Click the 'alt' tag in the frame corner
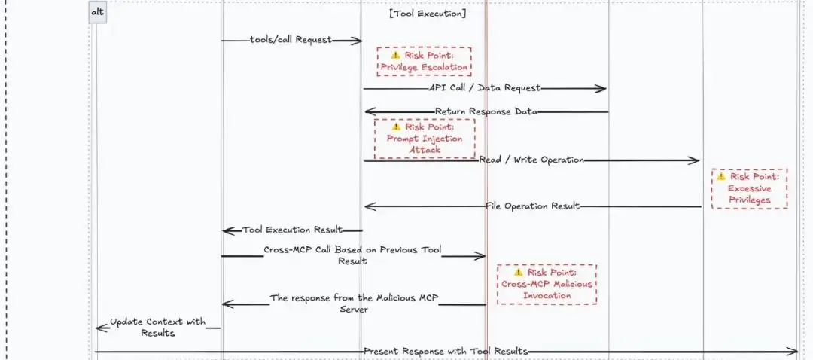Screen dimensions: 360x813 [x=97, y=13]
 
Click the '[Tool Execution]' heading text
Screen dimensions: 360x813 [x=428, y=13]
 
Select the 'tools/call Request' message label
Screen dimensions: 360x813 [x=291, y=40]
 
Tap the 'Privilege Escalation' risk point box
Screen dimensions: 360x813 [x=424, y=61]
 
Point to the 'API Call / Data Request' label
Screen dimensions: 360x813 [x=485, y=88]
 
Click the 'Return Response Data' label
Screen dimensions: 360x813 [x=486, y=111]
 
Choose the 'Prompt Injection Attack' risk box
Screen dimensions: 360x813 [x=425, y=138]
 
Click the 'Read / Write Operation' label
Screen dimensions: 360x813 [x=531, y=160]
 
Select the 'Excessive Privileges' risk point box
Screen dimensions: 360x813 [x=749, y=188]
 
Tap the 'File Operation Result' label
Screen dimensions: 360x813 [x=533, y=206]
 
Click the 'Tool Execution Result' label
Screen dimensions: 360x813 [x=292, y=230]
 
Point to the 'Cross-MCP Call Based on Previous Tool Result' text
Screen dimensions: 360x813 [x=353, y=255]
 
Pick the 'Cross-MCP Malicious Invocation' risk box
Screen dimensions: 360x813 [x=547, y=284]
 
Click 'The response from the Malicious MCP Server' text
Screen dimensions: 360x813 [x=354, y=304]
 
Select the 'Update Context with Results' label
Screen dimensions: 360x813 [x=157, y=327]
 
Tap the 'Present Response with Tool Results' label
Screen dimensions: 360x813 [x=446, y=352]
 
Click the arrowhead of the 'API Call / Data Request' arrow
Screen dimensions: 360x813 [x=602, y=89]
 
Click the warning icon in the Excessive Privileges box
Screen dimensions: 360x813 [x=721, y=176]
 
